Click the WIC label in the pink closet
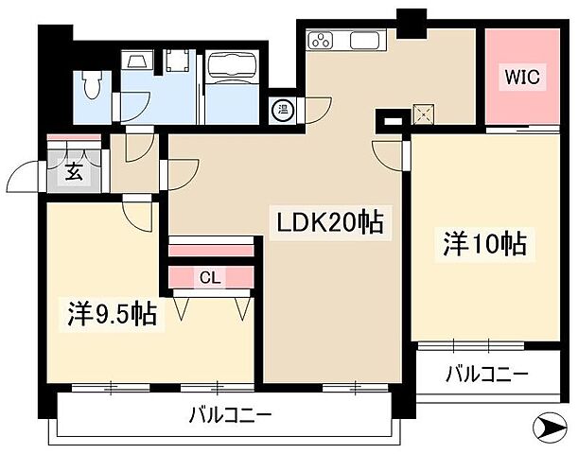[521, 78]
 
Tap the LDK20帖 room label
[329, 223]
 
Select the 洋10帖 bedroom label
[485, 244]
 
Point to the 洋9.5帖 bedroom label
[112, 311]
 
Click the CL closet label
[211, 277]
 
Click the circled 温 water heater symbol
[281, 111]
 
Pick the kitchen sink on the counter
[366, 41]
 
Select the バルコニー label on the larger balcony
[230, 413]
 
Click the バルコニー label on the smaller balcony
[487, 375]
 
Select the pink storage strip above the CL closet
[212, 248]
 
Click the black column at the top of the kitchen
[411, 22]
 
